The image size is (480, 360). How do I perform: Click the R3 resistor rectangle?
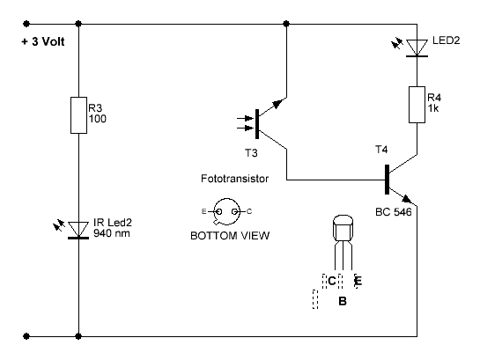(78, 115)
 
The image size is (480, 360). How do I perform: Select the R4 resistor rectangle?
(417, 105)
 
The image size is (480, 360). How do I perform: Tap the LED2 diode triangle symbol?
(417, 48)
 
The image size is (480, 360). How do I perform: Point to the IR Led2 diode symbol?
(78, 230)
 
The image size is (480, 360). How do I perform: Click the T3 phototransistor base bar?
(257, 124)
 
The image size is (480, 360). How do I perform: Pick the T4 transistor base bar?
(387, 180)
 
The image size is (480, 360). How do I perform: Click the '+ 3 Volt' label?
(43, 41)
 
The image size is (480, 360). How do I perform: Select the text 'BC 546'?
(394, 211)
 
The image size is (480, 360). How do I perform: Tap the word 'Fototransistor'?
(234, 179)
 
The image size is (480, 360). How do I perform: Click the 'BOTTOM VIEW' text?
(230, 236)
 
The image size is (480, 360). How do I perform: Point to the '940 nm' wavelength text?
(112, 233)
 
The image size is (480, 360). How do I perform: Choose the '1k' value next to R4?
(433, 108)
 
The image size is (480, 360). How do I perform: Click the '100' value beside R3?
(98, 119)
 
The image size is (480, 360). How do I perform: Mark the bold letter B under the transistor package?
(343, 301)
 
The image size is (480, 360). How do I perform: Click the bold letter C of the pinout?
(331, 281)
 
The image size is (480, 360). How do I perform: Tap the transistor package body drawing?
(343, 229)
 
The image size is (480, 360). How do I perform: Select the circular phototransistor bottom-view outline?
(227, 199)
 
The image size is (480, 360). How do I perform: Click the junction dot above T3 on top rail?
(286, 24)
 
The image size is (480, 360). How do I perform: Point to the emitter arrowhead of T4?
(407, 199)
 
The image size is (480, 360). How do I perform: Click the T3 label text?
(251, 152)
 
